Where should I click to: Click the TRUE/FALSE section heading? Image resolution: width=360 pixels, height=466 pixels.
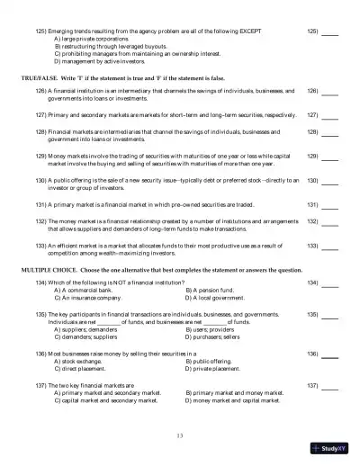point(109,79)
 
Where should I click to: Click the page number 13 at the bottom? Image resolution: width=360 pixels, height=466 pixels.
point(180,435)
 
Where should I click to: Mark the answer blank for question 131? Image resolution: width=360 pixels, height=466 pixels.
point(330,205)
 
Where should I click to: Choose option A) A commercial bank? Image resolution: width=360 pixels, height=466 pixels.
point(89,290)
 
